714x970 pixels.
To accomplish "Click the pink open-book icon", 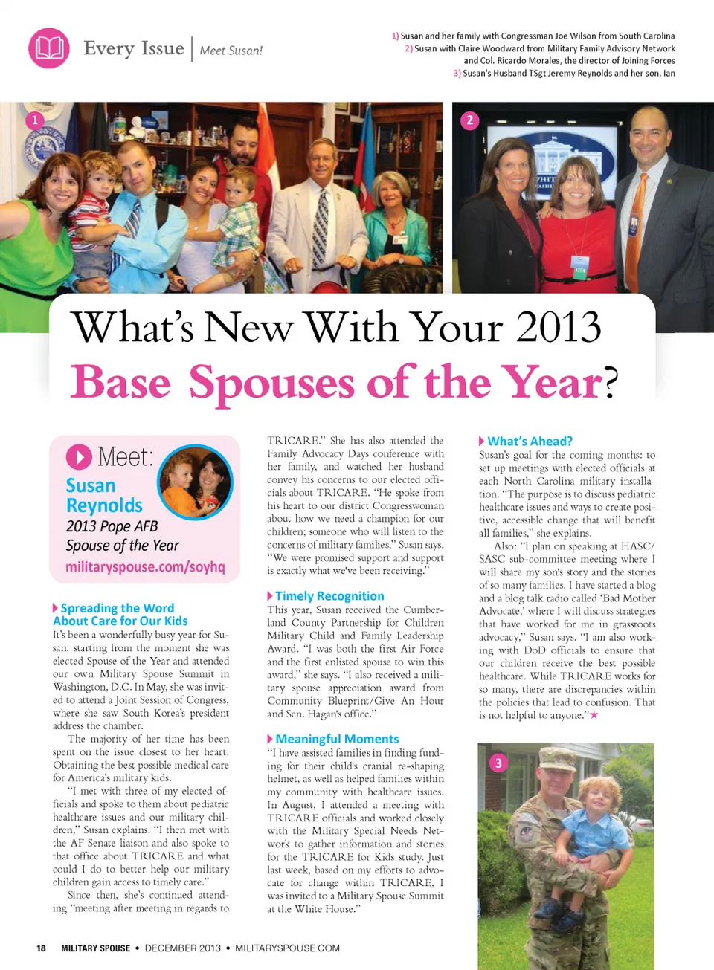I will tap(49, 48).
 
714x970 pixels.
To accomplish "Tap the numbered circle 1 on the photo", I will tap(34, 120).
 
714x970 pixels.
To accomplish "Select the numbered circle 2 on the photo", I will tap(469, 120).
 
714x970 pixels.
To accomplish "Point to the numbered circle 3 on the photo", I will tap(498, 763).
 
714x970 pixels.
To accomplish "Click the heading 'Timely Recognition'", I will tap(329, 596).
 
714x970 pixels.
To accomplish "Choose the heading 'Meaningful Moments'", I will tap(337, 739).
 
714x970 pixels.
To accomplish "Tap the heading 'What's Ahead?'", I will tap(530, 441).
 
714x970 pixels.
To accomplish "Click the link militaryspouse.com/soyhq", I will tap(145, 566).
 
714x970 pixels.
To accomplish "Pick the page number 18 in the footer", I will tap(41, 948).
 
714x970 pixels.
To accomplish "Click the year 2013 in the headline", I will tap(559, 328).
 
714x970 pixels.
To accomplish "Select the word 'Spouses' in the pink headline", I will tap(271, 384).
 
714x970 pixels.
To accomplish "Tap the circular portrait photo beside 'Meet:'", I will tap(196, 482).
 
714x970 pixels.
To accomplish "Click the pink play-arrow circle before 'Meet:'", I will tap(79, 457).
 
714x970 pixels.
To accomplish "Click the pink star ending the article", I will tap(594, 715).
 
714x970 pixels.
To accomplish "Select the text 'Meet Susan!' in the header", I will tap(231, 51).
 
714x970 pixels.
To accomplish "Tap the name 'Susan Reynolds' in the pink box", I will tap(104, 496).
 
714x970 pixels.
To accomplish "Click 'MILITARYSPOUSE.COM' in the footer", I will tap(287, 948).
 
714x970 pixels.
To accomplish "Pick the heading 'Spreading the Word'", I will tap(117, 608).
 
